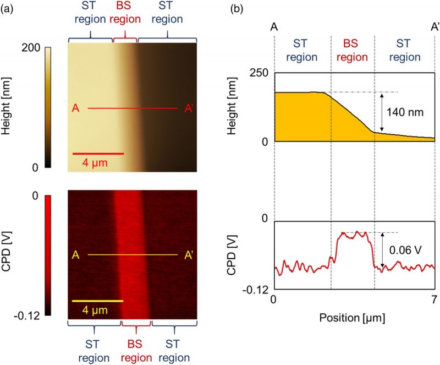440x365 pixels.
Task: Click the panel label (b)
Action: click(x=236, y=9)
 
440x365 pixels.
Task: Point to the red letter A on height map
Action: click(x=75, y=108)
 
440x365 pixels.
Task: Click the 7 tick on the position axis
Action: click(x=434, y=300)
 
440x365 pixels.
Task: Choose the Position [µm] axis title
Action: click(x=354, y=318)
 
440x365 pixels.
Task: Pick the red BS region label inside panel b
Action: click(x=352, y=50)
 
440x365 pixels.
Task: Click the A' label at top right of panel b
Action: click(x=433, y=26)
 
